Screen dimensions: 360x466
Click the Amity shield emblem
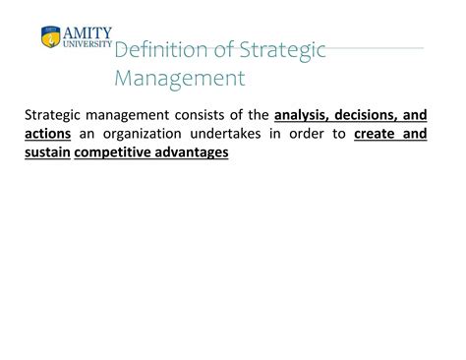(x=50, y=38)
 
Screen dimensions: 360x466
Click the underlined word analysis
(x=305, y=114)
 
